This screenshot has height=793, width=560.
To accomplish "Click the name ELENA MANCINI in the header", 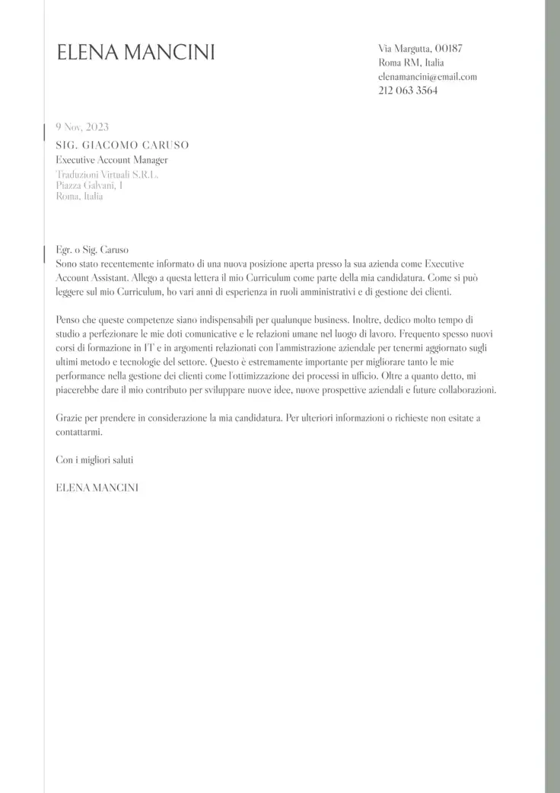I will (x=135, y=53).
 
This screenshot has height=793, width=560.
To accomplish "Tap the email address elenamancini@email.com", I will (x=427, y=76).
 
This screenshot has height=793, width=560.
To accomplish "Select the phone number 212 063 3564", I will (x=408, y=90).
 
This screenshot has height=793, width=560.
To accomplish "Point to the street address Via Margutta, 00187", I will (x=420, y=49).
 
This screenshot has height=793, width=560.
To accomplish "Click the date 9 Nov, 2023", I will (x=82, y=127).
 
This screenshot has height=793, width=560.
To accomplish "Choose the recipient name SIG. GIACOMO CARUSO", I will (x=122, y=145).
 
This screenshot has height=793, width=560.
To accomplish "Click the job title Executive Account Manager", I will (x=112, y=160).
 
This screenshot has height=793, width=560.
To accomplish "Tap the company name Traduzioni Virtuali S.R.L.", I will (x=107, y=175).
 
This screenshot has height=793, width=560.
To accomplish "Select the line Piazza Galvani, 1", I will (x=90, y=185).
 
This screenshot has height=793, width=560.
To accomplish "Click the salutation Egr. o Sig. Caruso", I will (x=93, y=249).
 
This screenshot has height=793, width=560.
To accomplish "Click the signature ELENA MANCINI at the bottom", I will (x=97, y=487).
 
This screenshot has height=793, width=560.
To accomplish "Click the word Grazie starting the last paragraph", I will (x=69, y=418).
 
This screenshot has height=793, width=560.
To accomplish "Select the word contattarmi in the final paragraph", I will (x=78, y=431).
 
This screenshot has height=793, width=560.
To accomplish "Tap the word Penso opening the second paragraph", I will (x=69, y=320).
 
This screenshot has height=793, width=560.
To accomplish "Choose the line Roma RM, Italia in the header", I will (x=411, y=62).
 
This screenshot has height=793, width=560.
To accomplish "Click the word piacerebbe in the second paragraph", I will (x=80, y=390).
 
